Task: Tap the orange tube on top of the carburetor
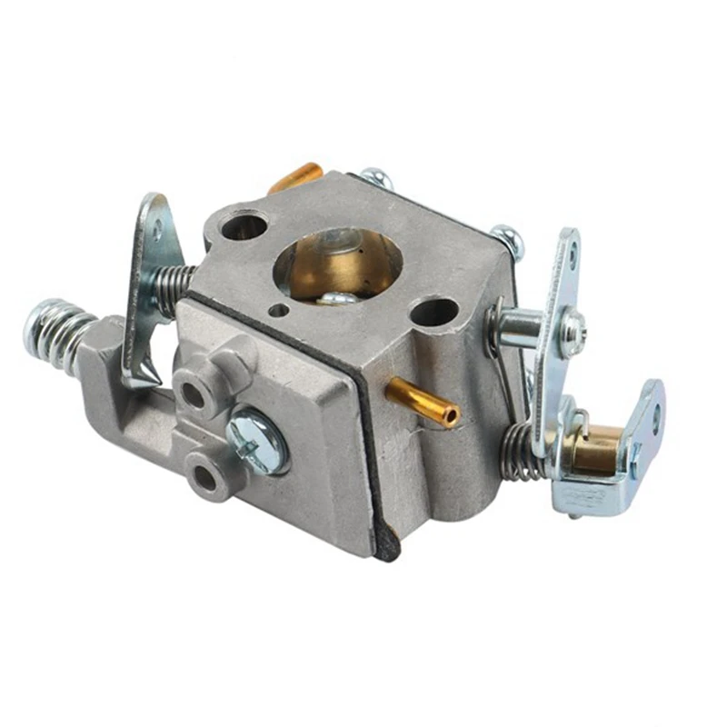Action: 298,176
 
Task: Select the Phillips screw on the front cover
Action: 257,439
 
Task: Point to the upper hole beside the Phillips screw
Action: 193,393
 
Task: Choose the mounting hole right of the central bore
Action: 434,312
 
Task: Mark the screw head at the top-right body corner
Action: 509,239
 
